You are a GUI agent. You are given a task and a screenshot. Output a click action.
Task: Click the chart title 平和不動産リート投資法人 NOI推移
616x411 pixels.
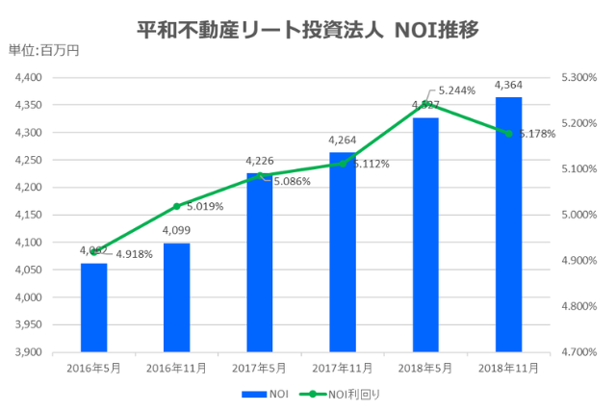308,29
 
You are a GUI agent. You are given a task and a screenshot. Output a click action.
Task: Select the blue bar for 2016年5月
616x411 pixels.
93,307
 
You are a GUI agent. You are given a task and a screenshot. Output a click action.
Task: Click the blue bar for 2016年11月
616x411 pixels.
176,297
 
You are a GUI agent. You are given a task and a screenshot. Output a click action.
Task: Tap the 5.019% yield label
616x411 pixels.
204,205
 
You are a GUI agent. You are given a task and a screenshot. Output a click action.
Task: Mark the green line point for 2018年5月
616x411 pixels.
425,103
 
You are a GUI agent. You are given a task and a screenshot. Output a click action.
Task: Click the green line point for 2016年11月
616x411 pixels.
176,206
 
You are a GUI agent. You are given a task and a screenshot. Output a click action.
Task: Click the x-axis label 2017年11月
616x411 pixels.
342,368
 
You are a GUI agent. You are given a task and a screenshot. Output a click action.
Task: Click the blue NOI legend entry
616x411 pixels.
265,394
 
